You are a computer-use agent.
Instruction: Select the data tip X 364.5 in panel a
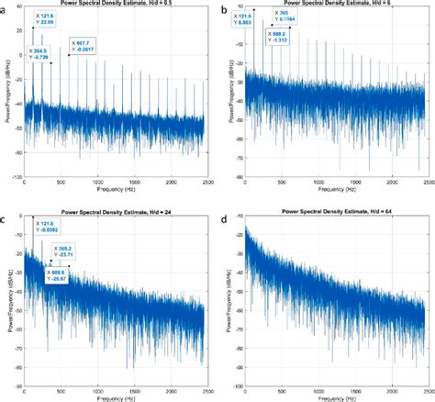pos(45,53)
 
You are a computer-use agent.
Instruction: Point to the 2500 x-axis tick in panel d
pos(425,385)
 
